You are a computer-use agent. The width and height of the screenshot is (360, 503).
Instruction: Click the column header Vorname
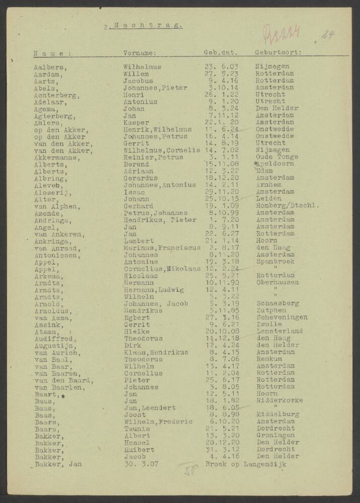coord(140,52)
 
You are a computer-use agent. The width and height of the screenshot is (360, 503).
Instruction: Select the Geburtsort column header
coord(278,52)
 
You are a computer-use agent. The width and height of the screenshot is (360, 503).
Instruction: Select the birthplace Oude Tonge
coord(276,157)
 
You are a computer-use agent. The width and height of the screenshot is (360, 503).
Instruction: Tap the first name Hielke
coord(136,331)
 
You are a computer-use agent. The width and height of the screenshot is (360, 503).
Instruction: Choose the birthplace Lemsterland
coord(279,331)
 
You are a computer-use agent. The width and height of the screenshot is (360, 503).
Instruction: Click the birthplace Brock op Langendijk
coord(246,464)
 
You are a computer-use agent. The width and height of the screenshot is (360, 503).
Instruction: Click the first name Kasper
coord(136,122)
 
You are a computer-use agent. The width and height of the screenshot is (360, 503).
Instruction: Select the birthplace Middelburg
coord(277,414)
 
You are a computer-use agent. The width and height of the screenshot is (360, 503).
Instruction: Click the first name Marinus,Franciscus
coord(162,247)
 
